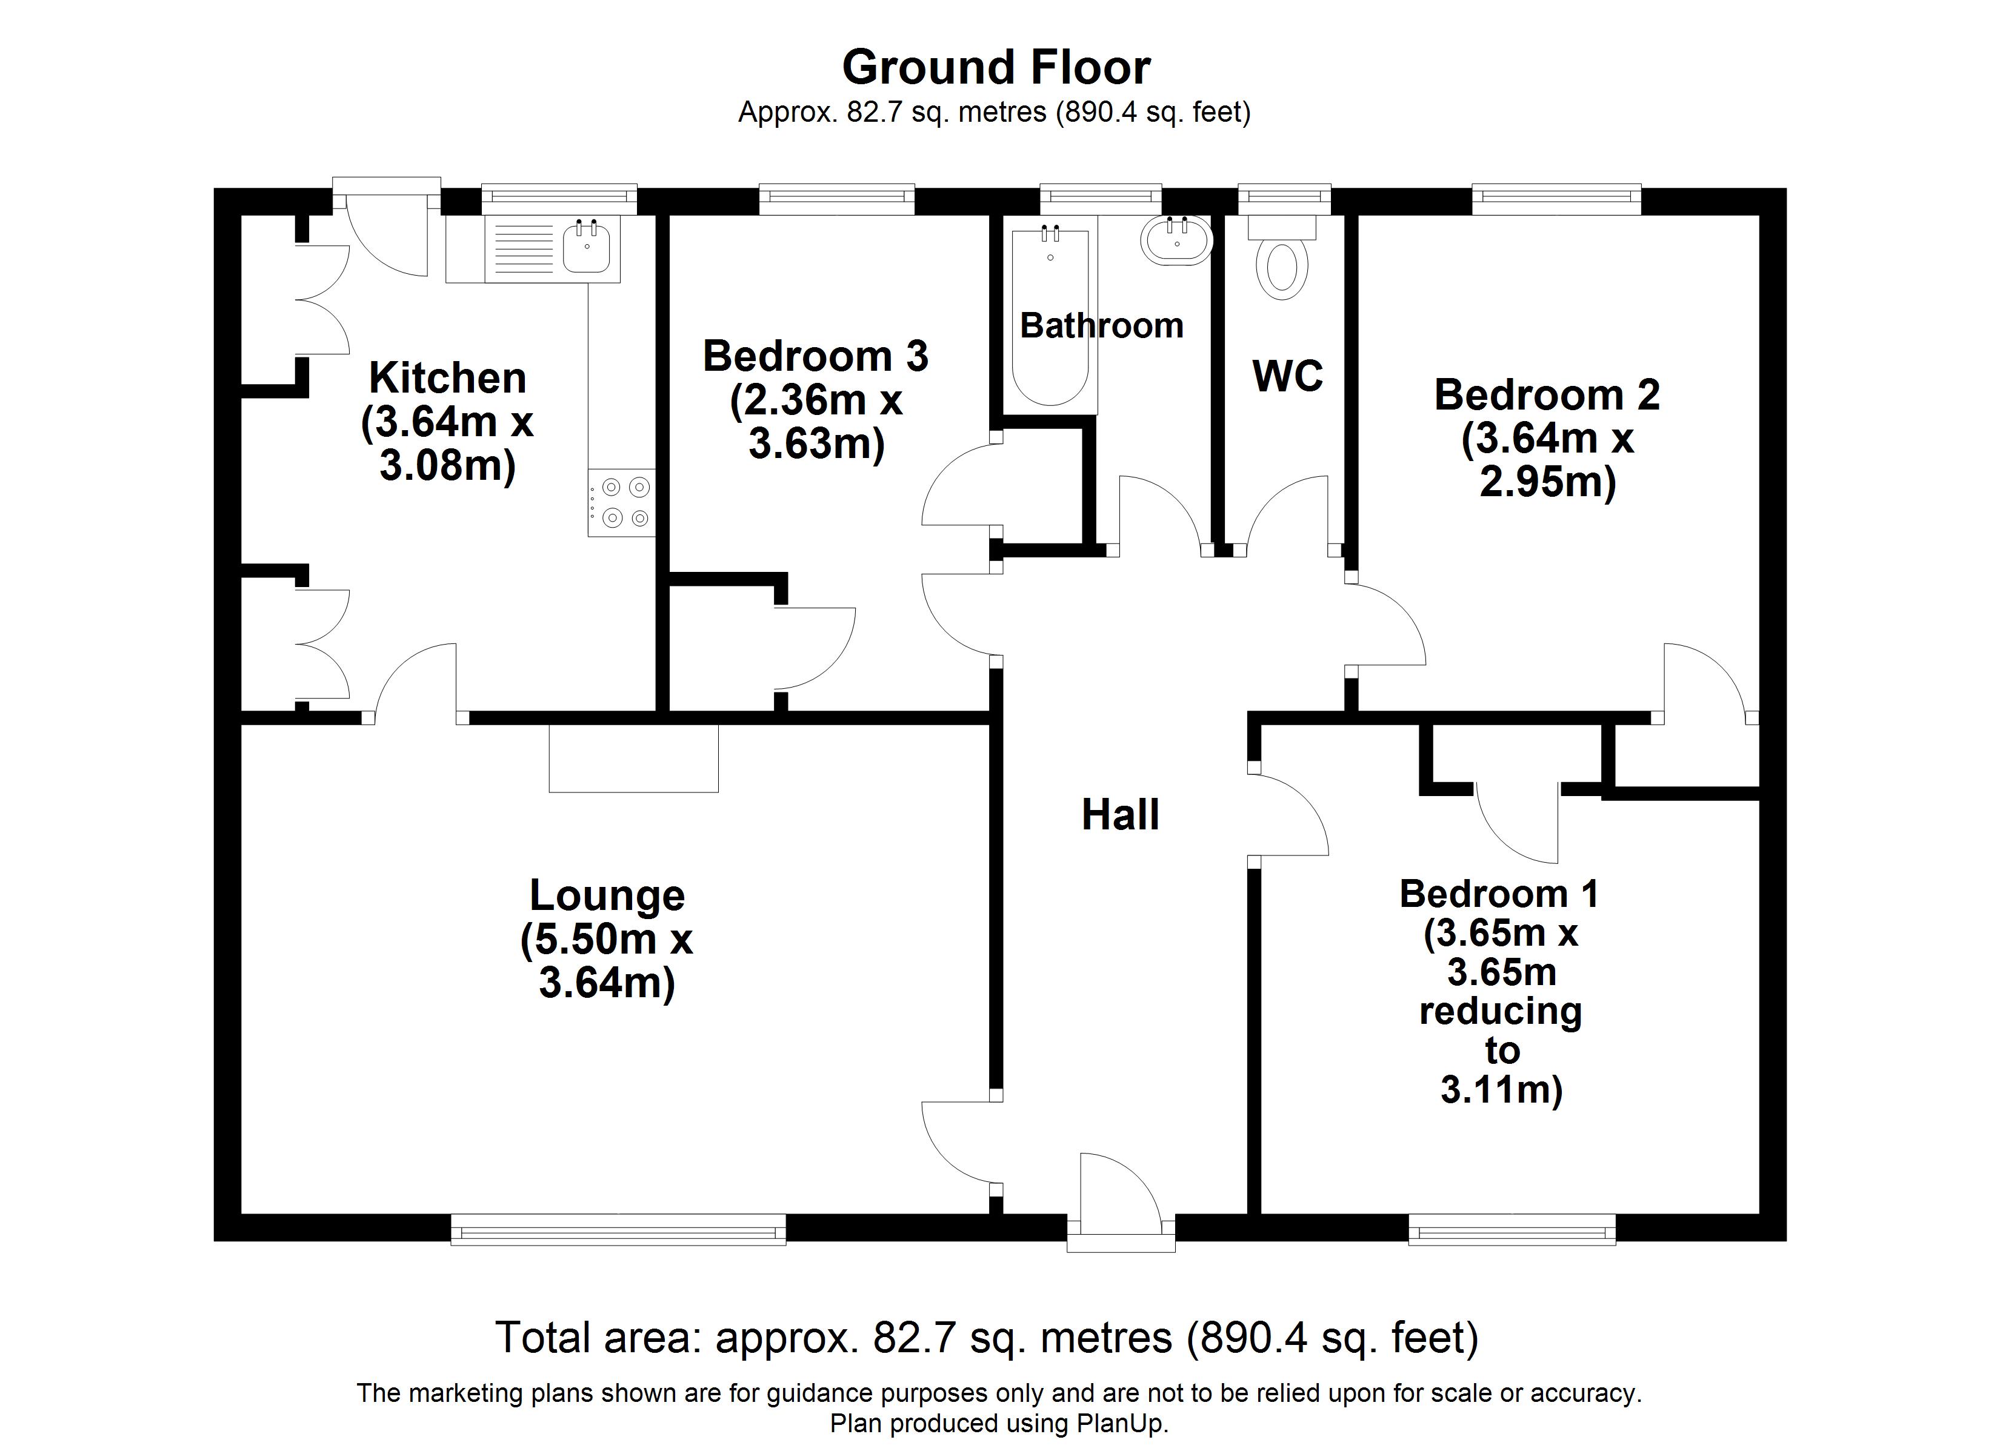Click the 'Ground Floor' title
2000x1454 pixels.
[x=996, y=68]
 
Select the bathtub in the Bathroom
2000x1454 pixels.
[x=1050, y=317]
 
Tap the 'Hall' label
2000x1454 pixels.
[x=1120, y=815]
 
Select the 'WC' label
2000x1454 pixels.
[x=1287, y=376]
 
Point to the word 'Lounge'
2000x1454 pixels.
[x=607, y=896]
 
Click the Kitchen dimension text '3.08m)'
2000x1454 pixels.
[x=448, y=465]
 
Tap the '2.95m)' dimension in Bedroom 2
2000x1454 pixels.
[x=1548, y=482]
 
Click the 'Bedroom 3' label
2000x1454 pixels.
[x=816, y=356]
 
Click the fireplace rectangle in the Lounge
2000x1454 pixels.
[x=633, y=759]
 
